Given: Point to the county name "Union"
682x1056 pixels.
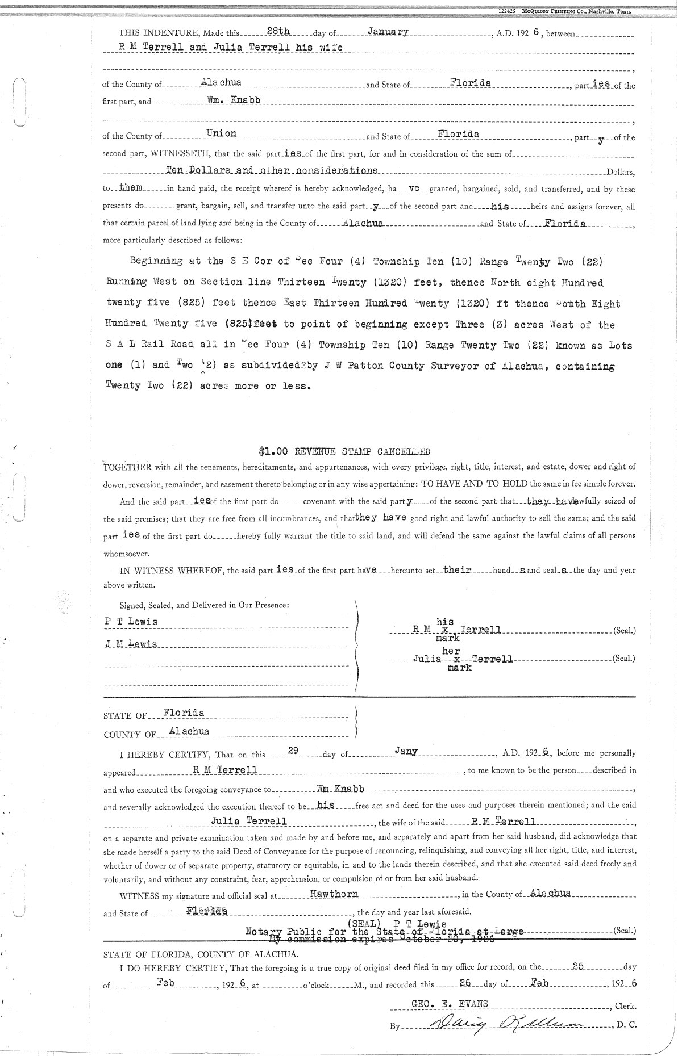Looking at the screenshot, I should point(222,133).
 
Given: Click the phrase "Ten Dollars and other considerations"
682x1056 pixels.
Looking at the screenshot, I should point(271,170).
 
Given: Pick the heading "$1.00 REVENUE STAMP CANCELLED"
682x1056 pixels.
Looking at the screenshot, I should point(344,452).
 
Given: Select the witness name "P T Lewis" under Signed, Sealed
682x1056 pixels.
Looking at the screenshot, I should point(131,622).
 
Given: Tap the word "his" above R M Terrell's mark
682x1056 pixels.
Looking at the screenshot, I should point(444,622).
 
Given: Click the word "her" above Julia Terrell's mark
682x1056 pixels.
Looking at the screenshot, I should point(451,651).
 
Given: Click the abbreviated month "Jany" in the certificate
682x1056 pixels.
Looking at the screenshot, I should point(406,751).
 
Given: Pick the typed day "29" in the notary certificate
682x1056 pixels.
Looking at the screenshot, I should point(293,751).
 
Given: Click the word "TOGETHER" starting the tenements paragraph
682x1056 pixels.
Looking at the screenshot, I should point(127,468).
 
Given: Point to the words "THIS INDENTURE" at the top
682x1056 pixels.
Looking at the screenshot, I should point(149,34).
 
